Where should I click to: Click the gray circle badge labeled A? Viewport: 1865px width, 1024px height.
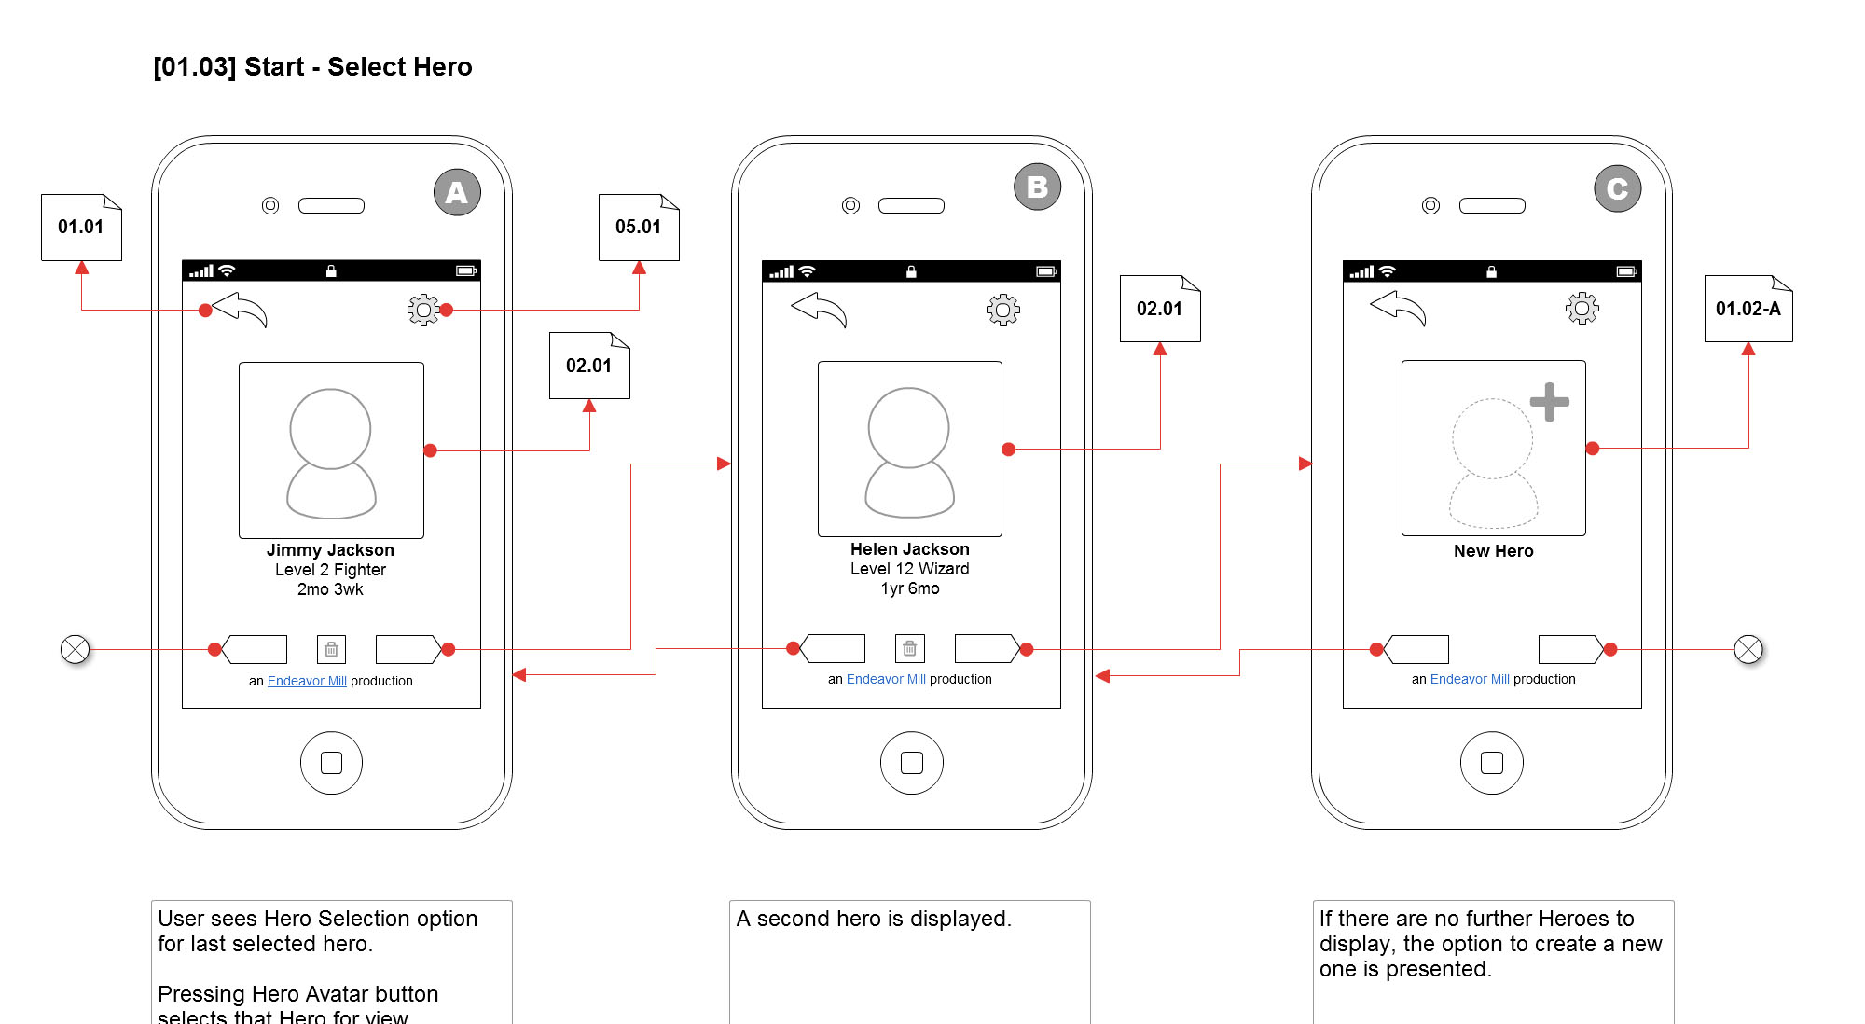click(x=457, y=193)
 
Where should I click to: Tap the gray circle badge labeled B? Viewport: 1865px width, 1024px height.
click(x=1037, y=187)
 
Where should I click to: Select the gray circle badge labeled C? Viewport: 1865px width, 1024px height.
click(x=1617, y=189)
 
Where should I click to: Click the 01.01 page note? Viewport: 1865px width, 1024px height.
click(x=81, y=228)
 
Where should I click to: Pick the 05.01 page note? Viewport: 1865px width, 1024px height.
click(x=639, y=228)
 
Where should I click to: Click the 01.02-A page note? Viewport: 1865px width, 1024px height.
click(x=1748, y=309)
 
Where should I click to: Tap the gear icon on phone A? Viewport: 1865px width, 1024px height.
click(x=423, y=310)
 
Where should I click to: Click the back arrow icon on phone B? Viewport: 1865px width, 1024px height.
click(x=819, y=310)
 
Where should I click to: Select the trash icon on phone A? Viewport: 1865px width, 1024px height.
click(x=331, y=649)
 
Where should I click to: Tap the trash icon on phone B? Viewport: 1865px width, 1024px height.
click(x=910, y=648)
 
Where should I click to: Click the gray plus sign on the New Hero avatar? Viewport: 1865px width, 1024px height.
click(x=1549, y=402)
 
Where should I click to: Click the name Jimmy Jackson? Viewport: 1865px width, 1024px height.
click(x=330, y=550)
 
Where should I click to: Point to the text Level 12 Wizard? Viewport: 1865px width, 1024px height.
click(x=909, y=569)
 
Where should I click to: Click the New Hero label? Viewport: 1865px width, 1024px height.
click(x=1493, y=551)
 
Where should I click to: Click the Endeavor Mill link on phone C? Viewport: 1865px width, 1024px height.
click(x=1470, y=679)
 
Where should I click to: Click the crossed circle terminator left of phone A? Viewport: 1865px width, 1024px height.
click(x=75, y=649)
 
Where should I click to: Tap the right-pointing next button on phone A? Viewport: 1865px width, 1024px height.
click(x=408, y=649)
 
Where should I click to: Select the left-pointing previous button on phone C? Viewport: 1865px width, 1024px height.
click(x=1416, y=649)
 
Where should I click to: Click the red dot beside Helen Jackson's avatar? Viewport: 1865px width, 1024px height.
click(x=1008, y=450)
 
